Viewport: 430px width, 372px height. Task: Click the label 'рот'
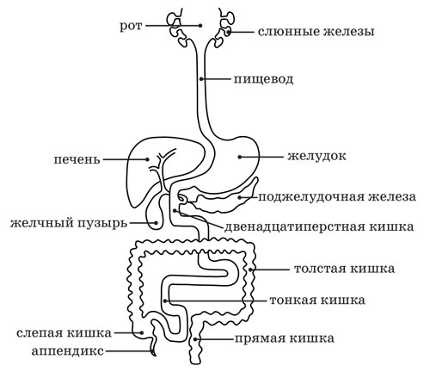(x=131, y=27)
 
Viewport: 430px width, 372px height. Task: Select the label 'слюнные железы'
(x=316, y=32)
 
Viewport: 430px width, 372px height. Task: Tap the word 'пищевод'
(x=263, y=79)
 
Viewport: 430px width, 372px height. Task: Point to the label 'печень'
(x=77, y=159)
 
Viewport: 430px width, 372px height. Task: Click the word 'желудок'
(x=316, y=157)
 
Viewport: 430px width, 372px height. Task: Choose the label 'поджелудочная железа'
(x=337, y=197)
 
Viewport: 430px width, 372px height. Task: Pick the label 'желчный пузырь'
(x=69, y=223)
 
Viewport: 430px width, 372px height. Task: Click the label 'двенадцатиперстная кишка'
(x=319, y=227)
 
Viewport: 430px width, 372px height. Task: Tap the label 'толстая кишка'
(x=344, y=270)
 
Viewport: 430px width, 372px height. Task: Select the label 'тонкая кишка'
(x=317, y=301)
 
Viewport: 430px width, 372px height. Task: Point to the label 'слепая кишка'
(x=64, y=333)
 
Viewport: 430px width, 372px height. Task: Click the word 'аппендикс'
(x=68, y=351)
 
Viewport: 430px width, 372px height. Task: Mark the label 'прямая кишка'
(x=285, y=339)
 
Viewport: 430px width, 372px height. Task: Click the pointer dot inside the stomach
(x=239, y=157)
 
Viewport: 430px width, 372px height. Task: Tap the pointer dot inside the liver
(x=147, y=159)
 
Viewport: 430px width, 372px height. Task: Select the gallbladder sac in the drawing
(x=155, y=214)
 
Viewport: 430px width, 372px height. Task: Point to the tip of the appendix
(x=155, y=355)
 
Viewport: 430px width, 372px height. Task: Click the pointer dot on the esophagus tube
(x=201, y=78)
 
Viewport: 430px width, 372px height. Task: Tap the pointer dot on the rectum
(x=195, y=339)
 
